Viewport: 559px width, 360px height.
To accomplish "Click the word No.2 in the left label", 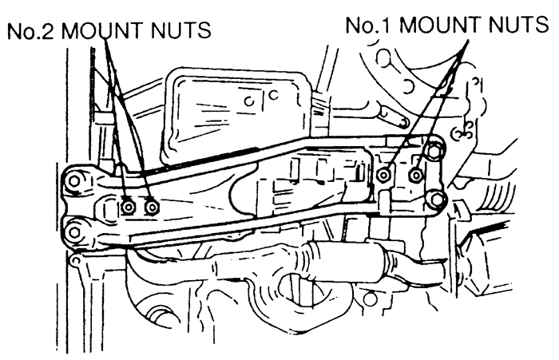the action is point(31,30).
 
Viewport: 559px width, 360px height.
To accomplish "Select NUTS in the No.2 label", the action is point(180,30).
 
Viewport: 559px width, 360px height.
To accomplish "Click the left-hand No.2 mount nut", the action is point(129,207).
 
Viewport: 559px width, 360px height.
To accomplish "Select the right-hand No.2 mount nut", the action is point(153,207).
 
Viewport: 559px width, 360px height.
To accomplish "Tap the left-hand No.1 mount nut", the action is point(383,175).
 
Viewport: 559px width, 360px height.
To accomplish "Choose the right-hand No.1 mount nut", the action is point(416,175).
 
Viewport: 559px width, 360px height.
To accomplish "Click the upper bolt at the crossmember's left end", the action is point(74,181).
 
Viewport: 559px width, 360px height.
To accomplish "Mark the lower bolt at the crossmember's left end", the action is point(74,233).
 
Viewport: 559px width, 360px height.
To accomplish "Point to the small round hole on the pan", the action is point(249,101).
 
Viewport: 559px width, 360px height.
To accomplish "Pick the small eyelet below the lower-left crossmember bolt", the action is point(75,261).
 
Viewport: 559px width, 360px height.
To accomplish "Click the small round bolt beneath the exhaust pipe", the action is point(370,299).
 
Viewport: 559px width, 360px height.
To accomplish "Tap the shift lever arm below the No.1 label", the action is point(392,117).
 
